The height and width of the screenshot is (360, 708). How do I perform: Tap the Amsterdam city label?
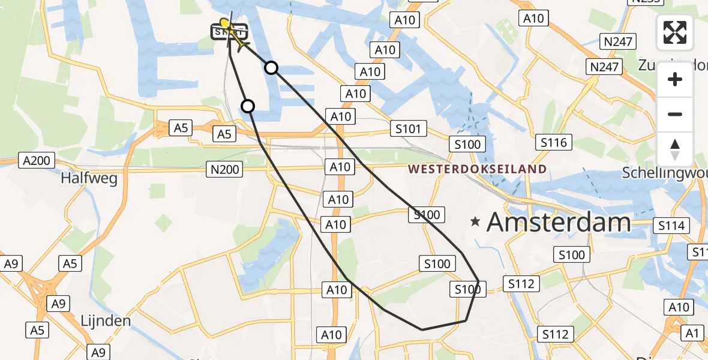point(559,223)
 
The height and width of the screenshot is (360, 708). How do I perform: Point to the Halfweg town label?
point(97,178)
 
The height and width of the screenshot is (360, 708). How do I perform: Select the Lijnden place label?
point(106,320)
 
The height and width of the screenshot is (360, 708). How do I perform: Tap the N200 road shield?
point(224,170)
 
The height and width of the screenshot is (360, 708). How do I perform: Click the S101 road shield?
point(409,128)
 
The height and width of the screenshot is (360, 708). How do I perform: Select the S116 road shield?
point(554,142)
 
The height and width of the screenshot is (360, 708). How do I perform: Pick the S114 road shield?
point(671,226)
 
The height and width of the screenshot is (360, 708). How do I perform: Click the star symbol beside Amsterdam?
point(475,223)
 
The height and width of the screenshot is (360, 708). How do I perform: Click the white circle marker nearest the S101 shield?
point(271,68)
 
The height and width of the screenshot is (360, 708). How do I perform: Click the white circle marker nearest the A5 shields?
point(248,106)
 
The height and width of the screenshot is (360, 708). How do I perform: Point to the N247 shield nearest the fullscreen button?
point(619,41)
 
